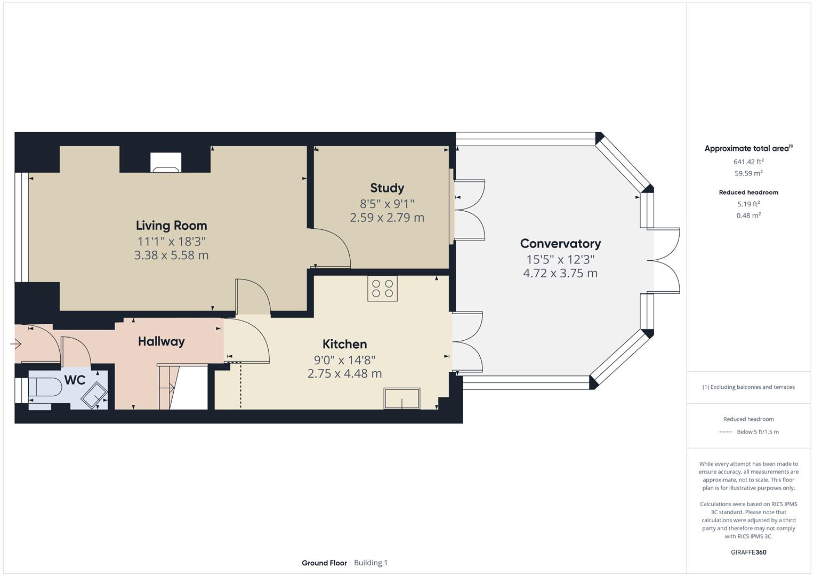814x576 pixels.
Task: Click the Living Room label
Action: coord(171,226)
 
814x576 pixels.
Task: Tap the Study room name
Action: coord(387,188)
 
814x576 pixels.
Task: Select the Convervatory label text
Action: coord(560,244)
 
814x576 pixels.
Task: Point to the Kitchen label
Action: coord(344,344)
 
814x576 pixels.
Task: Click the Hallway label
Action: coord(161,341)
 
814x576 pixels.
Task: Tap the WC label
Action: coord(75,380)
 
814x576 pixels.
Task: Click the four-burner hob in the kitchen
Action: coord(382,289)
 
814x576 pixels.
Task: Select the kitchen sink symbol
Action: coord(401,398)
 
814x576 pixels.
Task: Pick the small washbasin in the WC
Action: coord(94,395)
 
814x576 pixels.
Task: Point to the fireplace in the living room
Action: coord(166,163)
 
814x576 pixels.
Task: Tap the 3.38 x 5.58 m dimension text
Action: coord(171,255)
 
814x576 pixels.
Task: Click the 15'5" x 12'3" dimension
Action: coord(560,260)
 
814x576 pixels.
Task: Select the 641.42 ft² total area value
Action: coord(748,162)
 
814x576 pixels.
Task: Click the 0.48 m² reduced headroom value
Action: coord(748,215)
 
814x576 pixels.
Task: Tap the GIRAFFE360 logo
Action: coord(748,552)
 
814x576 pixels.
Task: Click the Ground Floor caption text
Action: coord(324,563)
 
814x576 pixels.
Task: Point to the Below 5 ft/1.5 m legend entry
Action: coord(757,432)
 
